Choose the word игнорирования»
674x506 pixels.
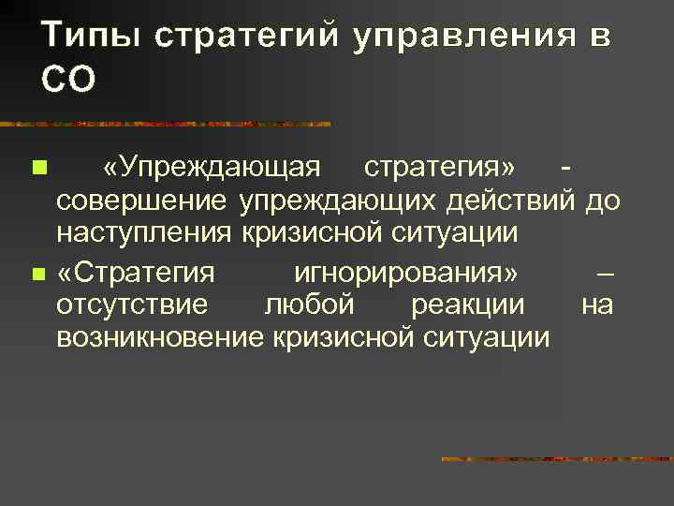point(405,273)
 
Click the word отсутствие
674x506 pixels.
point(133,305)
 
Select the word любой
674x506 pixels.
point(309,305)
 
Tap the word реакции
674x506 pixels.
point(467,305)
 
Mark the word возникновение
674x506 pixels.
point(160,337)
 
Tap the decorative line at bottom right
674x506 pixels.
point(556,459)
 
